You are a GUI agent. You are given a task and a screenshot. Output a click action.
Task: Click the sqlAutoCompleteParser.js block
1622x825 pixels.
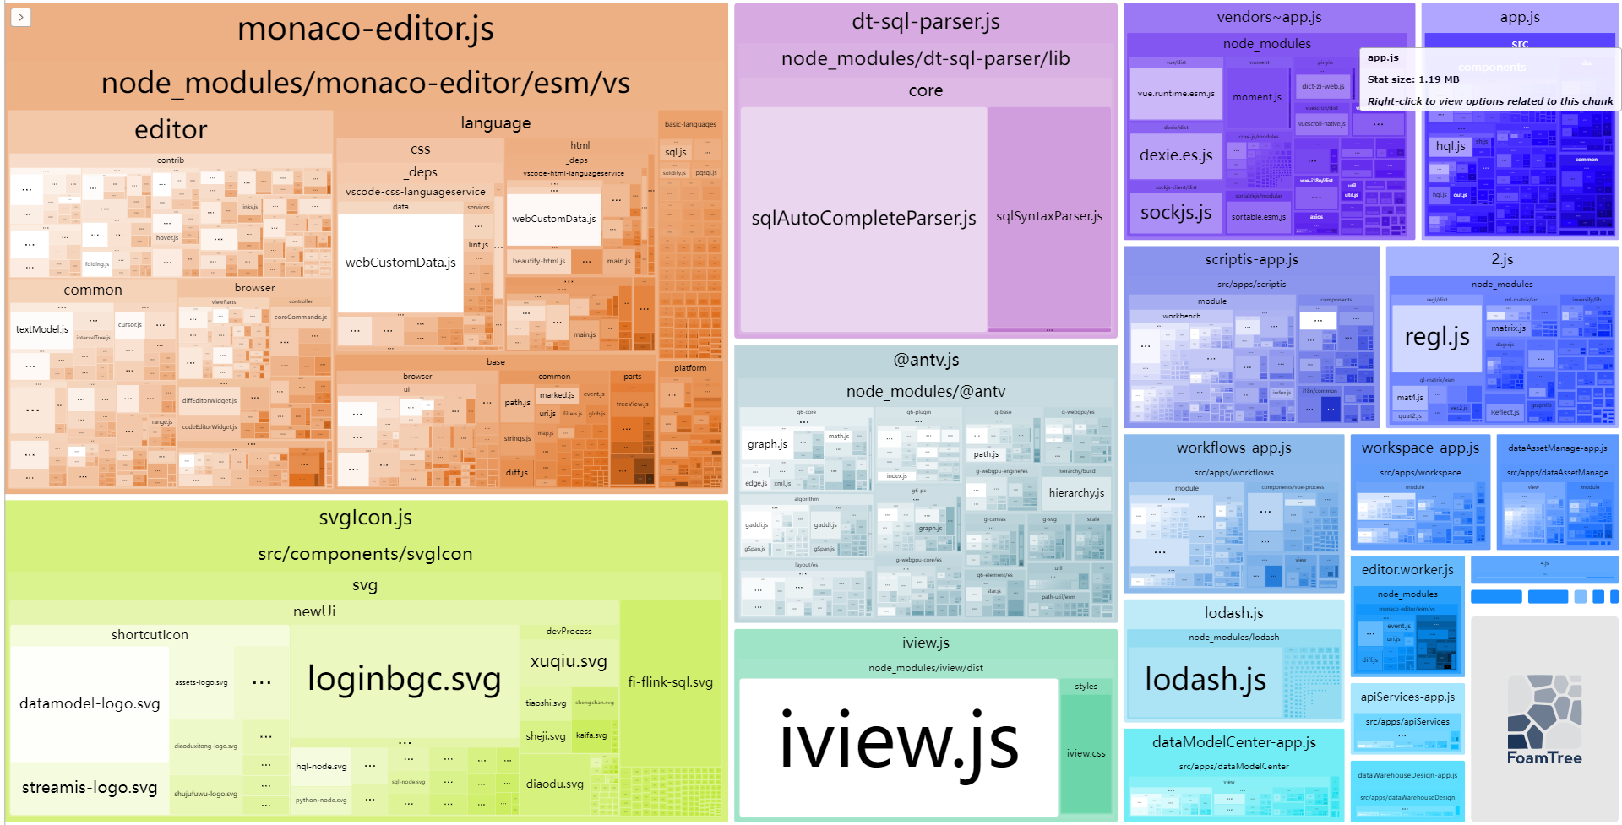pyautogui.click(x=863, y=218)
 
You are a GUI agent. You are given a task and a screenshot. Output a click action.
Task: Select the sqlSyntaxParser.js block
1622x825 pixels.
pyautogui.click(x=1049, y=216)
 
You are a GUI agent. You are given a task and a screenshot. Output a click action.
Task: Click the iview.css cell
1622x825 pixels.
pyautogui.click(x=1086, y=753)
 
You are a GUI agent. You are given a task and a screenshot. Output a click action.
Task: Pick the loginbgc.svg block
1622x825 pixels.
pyautogui.click(x=404, y=679)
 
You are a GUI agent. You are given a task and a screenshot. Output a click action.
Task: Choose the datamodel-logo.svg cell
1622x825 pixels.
pyautogui.click(x=90, y=703)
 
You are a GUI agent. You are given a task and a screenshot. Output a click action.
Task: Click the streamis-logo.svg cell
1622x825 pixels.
pyautogui.click(x=90, y=788)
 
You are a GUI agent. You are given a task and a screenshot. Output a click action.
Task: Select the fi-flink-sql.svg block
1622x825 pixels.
pyautogui.click(x=670, y=682)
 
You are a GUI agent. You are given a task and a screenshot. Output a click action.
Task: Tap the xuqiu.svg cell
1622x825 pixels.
pyautogui.click(x=569, y=661)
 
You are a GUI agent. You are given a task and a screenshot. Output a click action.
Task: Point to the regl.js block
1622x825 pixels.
pyautogui.click(x=1436, y=338)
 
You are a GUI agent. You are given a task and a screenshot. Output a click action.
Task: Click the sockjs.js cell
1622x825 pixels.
pyautogui.click(x=1176, y=213)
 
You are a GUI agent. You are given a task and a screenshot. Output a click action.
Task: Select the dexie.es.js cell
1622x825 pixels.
pyautogui.click(x=1176, y=155)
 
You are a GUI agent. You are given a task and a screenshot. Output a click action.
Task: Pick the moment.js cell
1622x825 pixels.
pyautogui.click(x=1257, y=98)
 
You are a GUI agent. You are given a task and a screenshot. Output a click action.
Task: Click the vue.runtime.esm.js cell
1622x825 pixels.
pyautogui.click(x=1176, y=94)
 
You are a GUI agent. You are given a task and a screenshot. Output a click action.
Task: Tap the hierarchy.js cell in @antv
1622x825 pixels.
pyautogui.click(x=1076, y=493)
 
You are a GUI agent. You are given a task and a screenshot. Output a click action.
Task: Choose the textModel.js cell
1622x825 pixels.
pyautogui.click(x=41, y=329)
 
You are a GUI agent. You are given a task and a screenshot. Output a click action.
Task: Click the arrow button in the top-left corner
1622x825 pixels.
pyautogui.click(x=21, y=17)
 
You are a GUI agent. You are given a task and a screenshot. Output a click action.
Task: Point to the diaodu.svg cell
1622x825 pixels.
pyautogui.click(x=554, y=784)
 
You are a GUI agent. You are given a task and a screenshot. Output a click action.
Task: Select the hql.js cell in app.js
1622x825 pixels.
pyautogui.click(x=1451, y=146)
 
